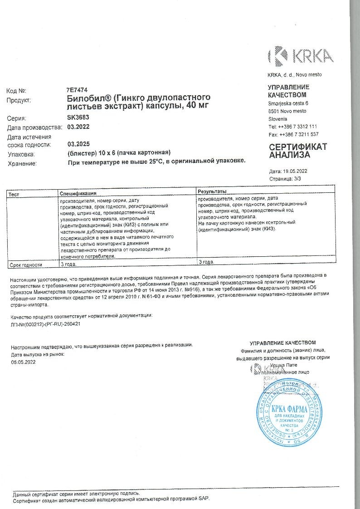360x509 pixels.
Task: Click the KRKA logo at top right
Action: pos(301,56)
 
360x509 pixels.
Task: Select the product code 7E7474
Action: pos(77,90)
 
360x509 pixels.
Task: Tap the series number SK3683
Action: pos(78,117)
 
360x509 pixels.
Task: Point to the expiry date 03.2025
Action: pos(78,144)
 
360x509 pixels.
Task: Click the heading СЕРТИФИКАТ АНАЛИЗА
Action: pos(297,151)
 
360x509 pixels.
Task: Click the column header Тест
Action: pos(14,194)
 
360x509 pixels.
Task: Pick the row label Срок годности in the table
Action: pos(26,264)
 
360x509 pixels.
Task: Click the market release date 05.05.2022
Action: pos(23,362)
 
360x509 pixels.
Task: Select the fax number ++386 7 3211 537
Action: pos(299,134)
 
